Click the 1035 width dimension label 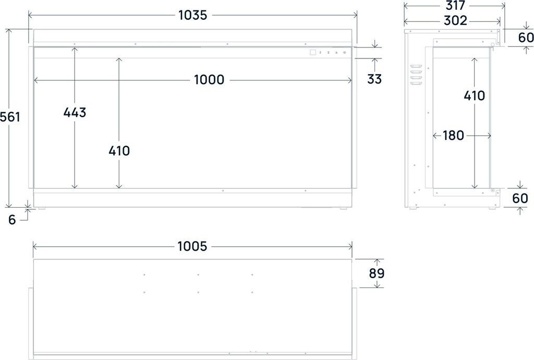[x=192, y=15]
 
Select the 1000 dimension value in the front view [x=209, y=80]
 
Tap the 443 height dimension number [x=75, y=112]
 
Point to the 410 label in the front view [x=119, y=151]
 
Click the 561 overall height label [x=10, y=117]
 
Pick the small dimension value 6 [x=12, y=220]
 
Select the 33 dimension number [x=374, y=79]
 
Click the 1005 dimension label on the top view [x=192, y=246]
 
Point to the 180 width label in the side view [x=453, y=136]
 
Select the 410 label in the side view [x=474, y=95]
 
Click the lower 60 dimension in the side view [x=520, y=198]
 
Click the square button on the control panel [x=312, y=52]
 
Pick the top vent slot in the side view [x=416, y=66]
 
